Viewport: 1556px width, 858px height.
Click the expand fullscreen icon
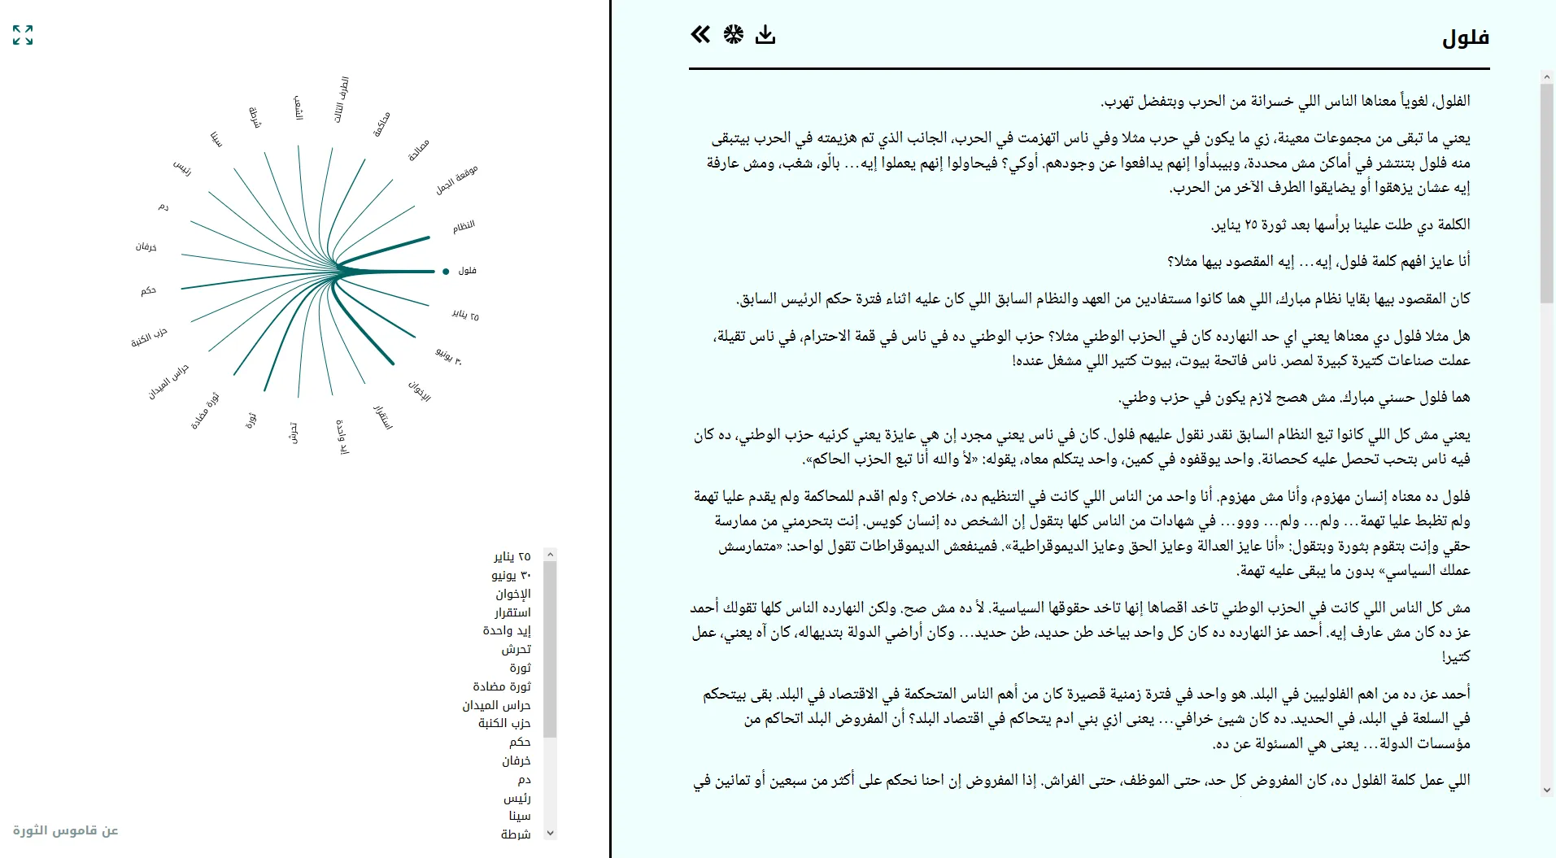[23, 35]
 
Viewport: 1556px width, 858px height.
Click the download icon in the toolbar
[765, 34]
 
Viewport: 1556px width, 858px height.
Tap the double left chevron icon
[700, 34]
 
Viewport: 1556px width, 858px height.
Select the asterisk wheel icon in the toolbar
[733, 34]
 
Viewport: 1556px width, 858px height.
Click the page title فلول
[1465, 38]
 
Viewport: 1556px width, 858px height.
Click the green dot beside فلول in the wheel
[446, 272]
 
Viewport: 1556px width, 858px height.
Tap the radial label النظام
[464, 226]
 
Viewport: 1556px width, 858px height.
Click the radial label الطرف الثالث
[342, 100]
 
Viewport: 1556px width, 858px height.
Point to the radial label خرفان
[146, 246]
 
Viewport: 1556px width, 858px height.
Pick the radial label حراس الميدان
[168, 381]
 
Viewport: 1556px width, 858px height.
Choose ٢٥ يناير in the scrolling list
[512, 556]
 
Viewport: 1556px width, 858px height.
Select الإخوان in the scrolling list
[513, 594]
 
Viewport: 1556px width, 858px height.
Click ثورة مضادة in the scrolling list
[502, 686]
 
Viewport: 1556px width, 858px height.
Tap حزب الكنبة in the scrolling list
[504, 723]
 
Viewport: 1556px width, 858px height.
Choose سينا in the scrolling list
[520, 816]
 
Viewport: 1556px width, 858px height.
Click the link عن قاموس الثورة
[66, 830]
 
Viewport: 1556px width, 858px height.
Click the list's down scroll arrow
[551, 832]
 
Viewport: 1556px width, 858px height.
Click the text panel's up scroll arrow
[1546, 78]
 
